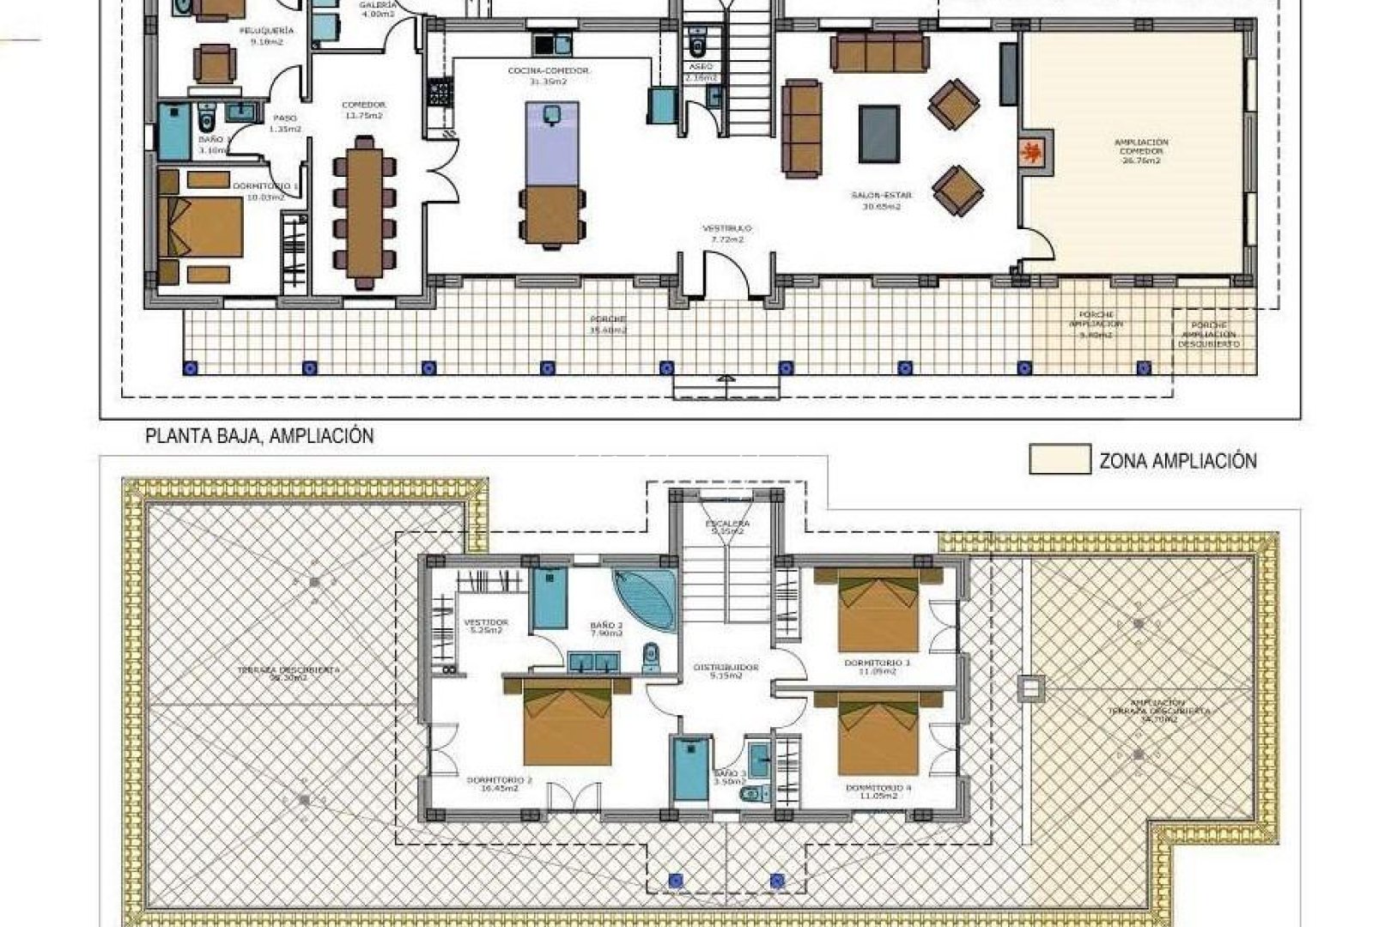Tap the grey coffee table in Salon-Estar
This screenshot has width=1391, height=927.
tap(878, 134)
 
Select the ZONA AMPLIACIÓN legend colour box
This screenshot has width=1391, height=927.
tap(1060, 459)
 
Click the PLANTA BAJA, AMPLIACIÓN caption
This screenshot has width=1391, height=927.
tap(259, 436)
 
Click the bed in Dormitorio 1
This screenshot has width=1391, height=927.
tap(201, 227)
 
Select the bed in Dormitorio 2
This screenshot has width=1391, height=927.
tap(568, 726)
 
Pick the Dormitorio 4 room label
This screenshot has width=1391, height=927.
tap(878, 791)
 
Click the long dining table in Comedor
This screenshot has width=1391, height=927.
tap(365, 211)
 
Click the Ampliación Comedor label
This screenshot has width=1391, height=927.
tap(1140, 151)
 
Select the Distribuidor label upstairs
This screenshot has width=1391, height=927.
tap(726, 670)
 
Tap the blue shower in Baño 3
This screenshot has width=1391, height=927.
tap(690, 768)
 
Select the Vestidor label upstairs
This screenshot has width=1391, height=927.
tap(486, 626)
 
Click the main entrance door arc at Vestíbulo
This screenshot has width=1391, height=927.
tap(726, 275)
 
